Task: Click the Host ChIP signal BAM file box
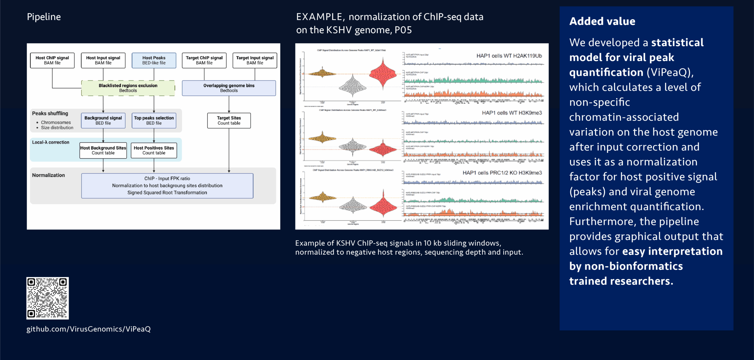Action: [x=52, y=60]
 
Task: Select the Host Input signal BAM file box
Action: [x=103, y=60]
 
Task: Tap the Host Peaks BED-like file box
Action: [x=154, y=60]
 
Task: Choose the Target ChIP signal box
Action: [x=204, y=60]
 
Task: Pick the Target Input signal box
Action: [x=255, y=60]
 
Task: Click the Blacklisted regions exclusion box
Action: [x=128, y=88]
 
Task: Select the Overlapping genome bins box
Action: [x=229, y=88]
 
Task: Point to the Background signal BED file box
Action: [x=103, y=120]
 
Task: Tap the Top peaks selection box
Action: [x=154, y=120]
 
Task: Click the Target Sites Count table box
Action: [x=229, y=120]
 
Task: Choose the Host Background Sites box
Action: [x=103, y=150]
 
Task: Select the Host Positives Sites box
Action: [x=154, y=150]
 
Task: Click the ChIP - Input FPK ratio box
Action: [x=167, y=185]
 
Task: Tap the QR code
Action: [x=47, y=298]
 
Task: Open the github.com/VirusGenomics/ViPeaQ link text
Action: [x=88, y=329]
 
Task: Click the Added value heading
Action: [x=602, y=21]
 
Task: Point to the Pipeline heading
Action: [x=44, y=17]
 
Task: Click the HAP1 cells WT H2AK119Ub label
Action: [x=509, y=56]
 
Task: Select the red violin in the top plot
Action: [x=383, y=74]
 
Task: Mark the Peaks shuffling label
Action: [x=50, y=113]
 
